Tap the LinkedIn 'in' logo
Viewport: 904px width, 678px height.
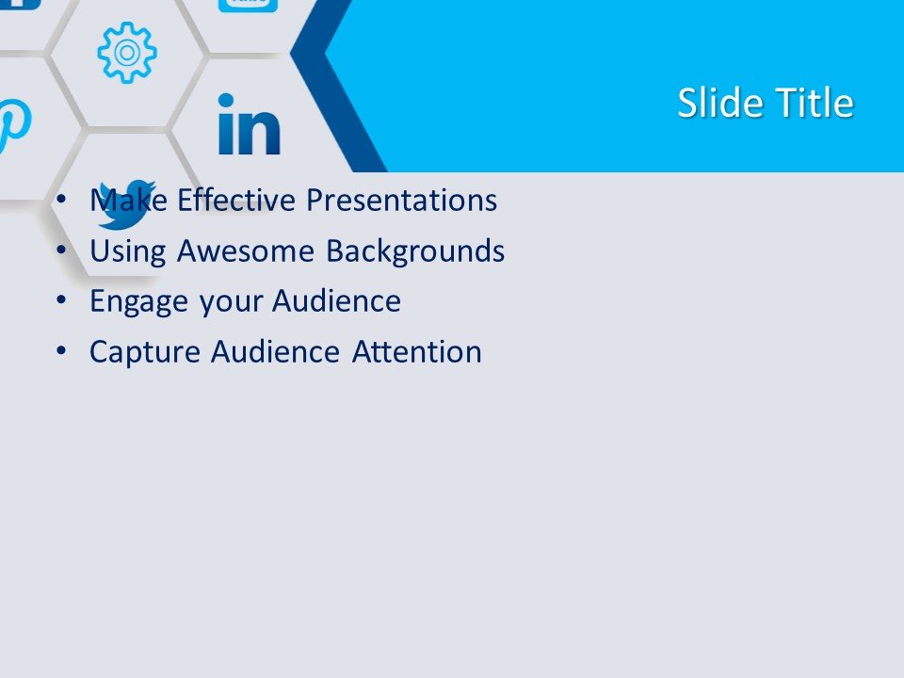tap(249, 124)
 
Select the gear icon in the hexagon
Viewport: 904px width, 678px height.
tap(127, 53)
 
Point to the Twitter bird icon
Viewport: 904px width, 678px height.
tap(126, 204)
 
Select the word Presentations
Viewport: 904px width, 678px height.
tap(401, 200)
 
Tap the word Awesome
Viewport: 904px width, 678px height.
tap(246, 250)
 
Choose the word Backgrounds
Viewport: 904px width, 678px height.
tap(415, 250)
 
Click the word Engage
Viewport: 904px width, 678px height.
tap(139, 301)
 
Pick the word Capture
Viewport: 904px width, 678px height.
tap(145, 351)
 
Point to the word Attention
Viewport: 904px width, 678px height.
tap(417, 351)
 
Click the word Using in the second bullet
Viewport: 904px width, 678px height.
tap(128, 250)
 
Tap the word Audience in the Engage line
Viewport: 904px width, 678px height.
tap(337, 301)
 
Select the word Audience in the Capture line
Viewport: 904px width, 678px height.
tap(276, 351)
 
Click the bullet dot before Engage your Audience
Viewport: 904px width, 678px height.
tap(62, 299)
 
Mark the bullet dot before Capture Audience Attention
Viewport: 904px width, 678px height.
tap(62, 350)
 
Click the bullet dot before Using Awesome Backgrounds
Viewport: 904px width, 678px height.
tap(62, 249)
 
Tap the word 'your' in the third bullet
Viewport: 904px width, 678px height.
tap(230, 302)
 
